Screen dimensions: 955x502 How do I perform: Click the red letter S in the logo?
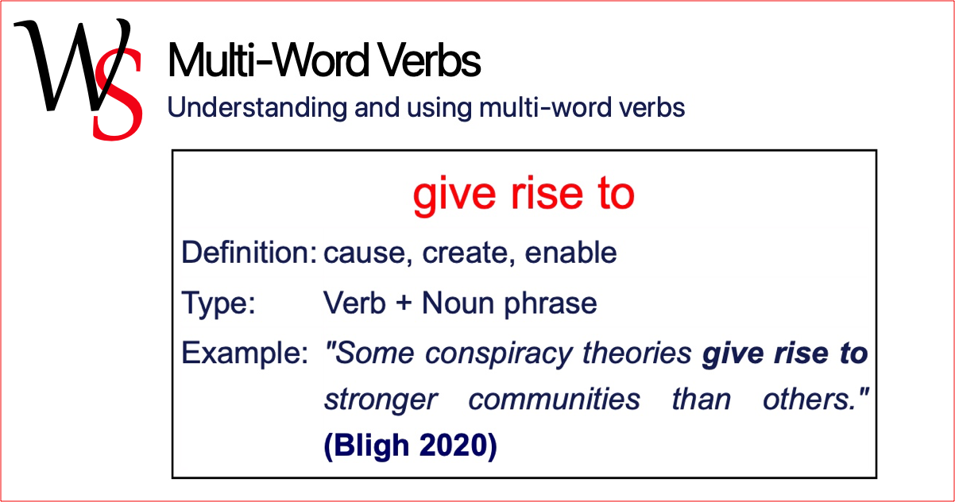coord(118,96)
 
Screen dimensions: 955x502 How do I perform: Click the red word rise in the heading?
coord(547,194)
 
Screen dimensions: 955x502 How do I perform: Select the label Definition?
coord(249,253)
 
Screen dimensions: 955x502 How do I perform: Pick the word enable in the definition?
coord(570,253)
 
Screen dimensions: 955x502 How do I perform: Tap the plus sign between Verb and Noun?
coord(404,304)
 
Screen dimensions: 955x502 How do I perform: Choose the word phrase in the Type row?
coord(551,304)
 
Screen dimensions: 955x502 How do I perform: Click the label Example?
coord(245,353)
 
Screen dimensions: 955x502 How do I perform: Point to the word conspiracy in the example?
coord(499,354)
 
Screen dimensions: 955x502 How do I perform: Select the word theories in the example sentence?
coord(637,353)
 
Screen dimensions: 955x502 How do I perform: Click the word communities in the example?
coord(555,400)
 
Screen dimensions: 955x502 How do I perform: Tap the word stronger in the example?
coord(381,400)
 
